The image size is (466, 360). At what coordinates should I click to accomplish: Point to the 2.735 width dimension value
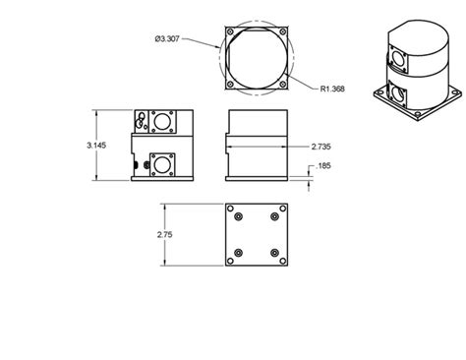pyautogui.click(x=320, y=146)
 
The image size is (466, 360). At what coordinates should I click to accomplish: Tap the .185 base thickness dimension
pyautogui.click(x=323, y=167)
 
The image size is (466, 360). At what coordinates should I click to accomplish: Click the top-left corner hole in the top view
pyautogui.click(x=230, y=31)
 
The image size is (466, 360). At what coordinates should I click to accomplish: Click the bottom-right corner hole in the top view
pyautogui.click(x=283, y=85)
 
